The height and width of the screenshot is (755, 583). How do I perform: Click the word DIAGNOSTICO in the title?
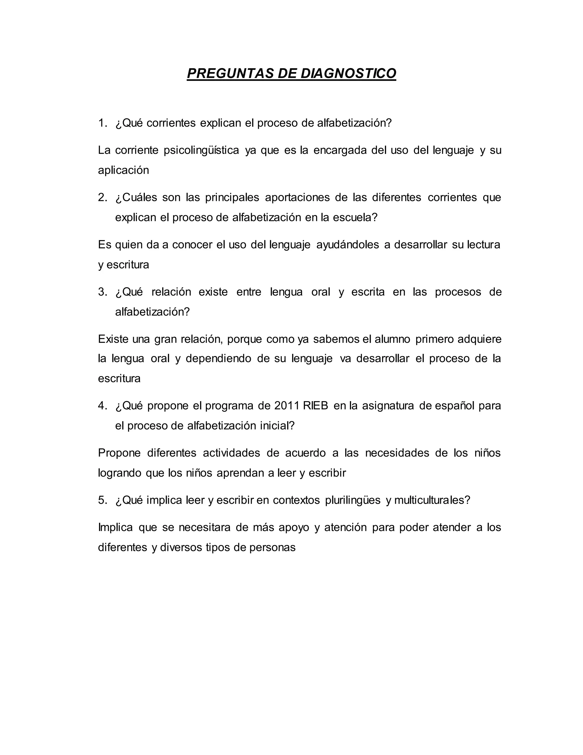point(348,74)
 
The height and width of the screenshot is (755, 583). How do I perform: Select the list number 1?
point(102,123)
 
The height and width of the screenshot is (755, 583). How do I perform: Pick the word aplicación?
point(123,170)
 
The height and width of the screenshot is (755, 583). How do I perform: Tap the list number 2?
point(102,197)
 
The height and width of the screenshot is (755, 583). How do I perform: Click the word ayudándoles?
point(348,245)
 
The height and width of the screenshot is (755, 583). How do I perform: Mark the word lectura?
point(484,245)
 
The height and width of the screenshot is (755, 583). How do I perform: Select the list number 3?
point(102,292)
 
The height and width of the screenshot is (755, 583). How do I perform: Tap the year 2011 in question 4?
point(286,405)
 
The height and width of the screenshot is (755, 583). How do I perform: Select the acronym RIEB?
point(315,405)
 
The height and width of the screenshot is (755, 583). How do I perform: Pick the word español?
point(455,405)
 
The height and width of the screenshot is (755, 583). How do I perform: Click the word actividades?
point(231,453)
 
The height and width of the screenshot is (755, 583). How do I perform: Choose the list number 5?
point(102,500)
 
